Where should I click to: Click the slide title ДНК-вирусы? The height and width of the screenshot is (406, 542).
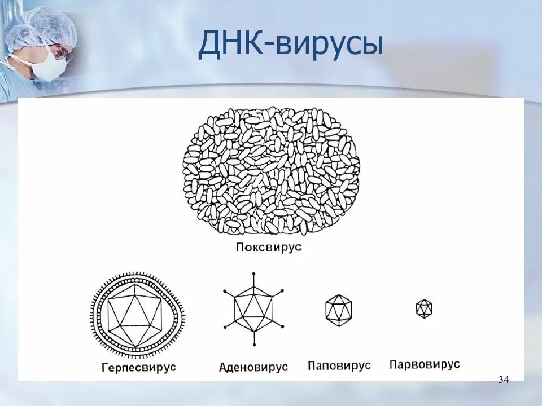pos(290,45)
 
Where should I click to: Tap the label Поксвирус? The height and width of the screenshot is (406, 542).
pos(269,247)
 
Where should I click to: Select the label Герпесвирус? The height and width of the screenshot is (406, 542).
pos(139,367)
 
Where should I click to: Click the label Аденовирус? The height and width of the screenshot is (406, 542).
pos(253,367)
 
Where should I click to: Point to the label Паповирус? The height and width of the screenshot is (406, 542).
pos(339,365)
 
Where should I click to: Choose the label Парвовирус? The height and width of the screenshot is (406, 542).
pos(425,364)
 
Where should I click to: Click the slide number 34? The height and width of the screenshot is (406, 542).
pos(504,379)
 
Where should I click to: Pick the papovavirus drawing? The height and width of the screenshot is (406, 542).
pos(339,309)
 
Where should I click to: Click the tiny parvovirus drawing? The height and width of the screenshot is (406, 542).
pos(424,308)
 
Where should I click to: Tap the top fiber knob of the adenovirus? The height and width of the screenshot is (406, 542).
pos(253,275)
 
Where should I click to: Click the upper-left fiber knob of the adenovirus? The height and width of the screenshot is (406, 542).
pos(225,292)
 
